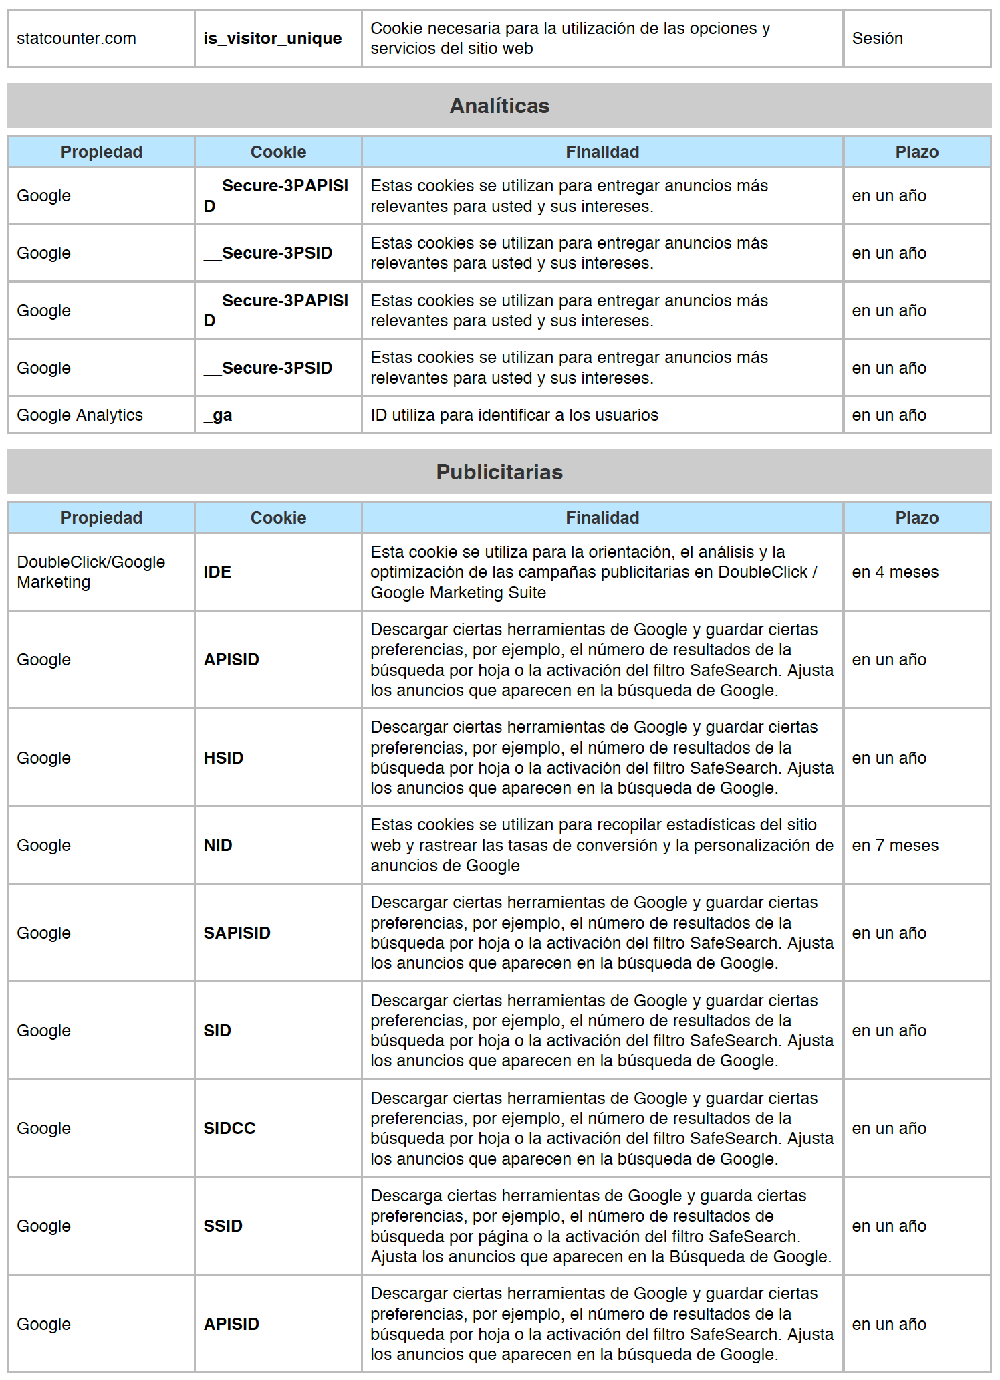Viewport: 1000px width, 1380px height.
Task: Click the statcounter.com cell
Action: point(76,39)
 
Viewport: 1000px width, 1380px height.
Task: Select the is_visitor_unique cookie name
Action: point(272,39)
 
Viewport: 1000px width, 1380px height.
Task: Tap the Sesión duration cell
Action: point(877,39)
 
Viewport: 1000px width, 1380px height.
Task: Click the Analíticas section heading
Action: point(499,106)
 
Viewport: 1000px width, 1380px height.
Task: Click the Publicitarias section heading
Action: point(499,472)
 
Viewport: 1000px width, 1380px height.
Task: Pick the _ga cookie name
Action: point(218,415)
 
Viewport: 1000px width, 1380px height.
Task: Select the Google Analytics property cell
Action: point(80,415)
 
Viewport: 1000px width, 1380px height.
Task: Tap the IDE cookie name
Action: point(217,572)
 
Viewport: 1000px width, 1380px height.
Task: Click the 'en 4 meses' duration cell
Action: point(895,572)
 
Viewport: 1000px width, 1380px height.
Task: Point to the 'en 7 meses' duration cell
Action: point(895,846)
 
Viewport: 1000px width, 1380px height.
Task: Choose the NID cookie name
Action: point(218,846)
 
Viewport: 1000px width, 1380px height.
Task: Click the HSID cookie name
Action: point(223,758)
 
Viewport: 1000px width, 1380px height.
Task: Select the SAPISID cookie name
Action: point(237,933)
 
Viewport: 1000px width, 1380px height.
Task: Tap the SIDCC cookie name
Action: point(229,1129)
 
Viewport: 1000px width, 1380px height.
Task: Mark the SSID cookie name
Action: point(223,1226)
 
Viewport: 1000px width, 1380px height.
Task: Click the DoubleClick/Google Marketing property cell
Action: point(91,572)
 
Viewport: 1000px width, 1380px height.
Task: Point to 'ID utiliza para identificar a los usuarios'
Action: point(514,415)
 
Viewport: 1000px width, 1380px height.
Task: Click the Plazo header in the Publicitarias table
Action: point(916,518)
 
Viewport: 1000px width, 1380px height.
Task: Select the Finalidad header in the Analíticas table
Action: point(602,152)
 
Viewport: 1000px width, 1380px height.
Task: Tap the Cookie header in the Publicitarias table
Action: point(278,518)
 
